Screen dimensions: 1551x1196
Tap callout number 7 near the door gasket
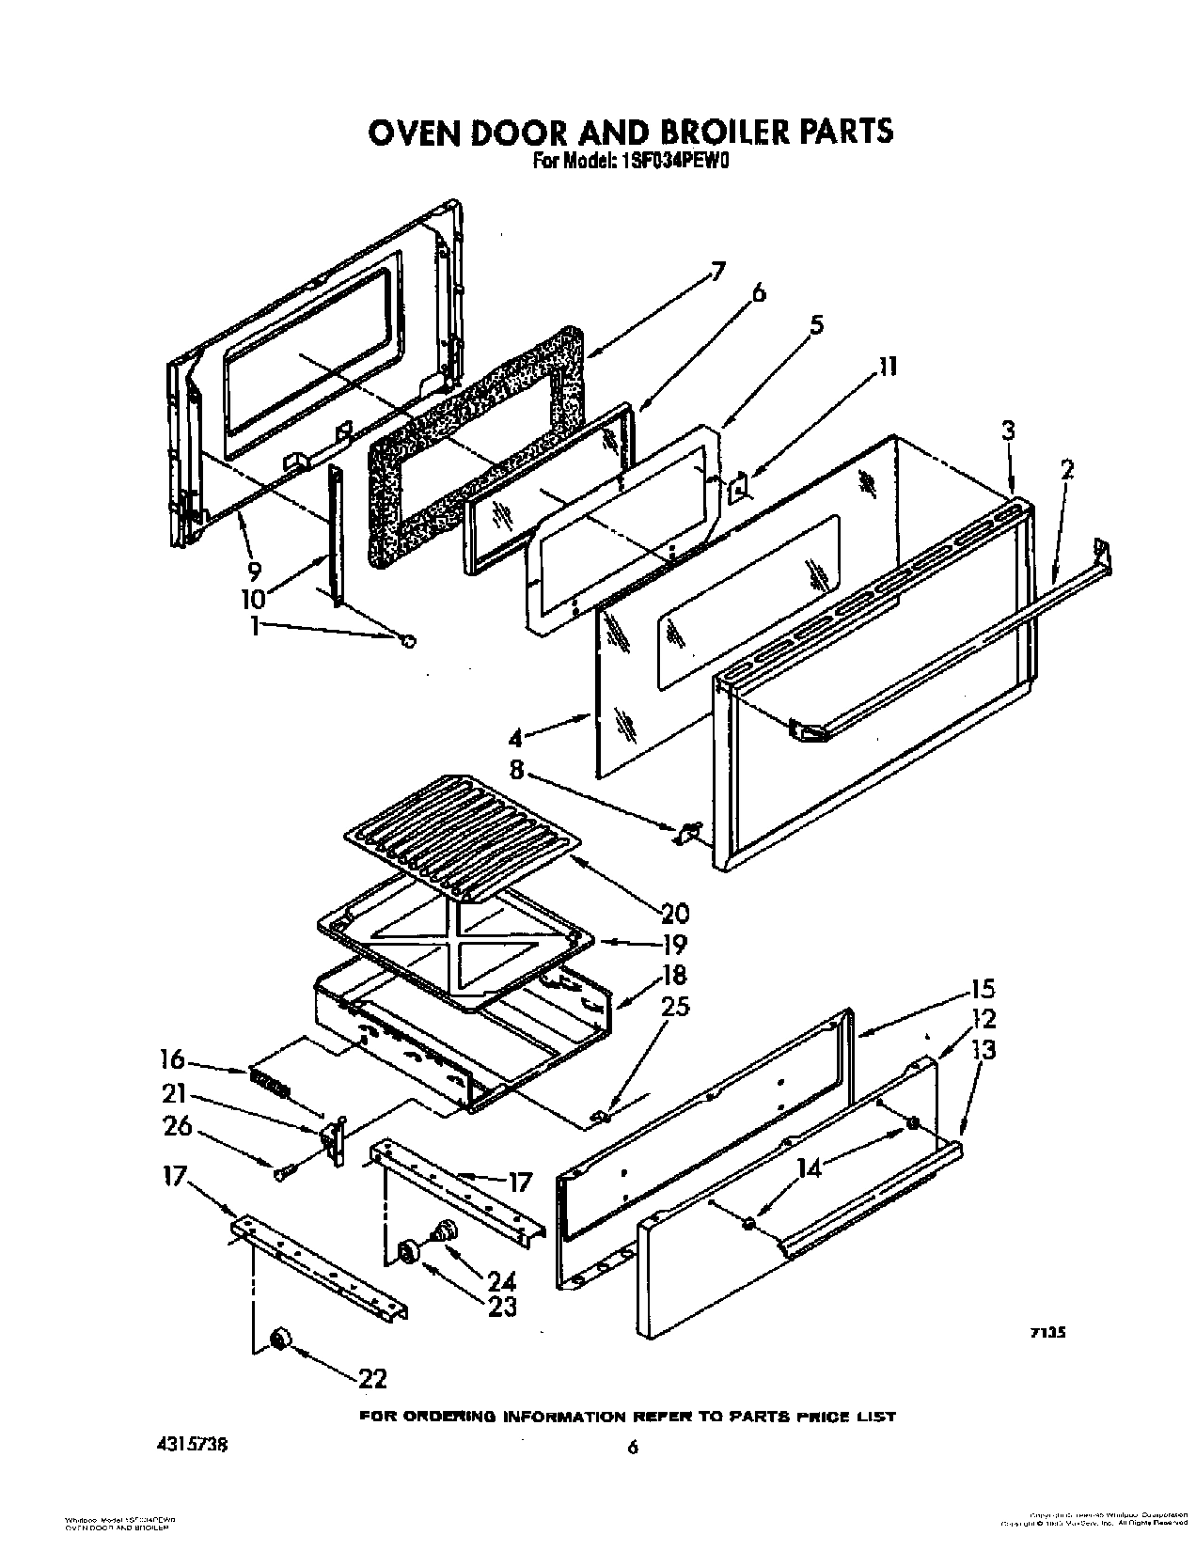[717, 273]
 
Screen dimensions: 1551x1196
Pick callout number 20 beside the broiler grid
[700, 912]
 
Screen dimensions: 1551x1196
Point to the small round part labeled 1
[408, 641]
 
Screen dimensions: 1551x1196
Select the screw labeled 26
[283, 1171]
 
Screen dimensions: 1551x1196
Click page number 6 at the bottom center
[633, 1448]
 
